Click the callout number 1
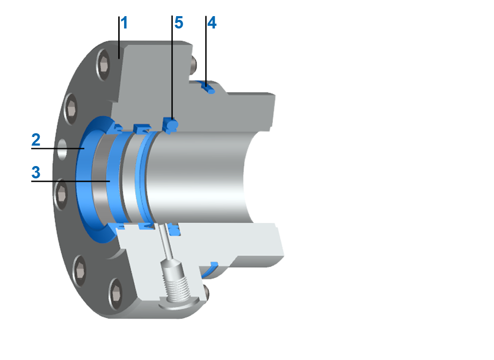pyautogui.click(x=124, y=23)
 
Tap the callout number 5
pyautogui.click(x=178, y=23)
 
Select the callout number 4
pyautogui.click(x=212, y=23)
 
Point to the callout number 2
pyautogui.click(x=35, y=140)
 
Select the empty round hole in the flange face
pyautogui.click(x=62, y=149)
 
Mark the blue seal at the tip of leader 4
pyautogui.click(x=209, y=89)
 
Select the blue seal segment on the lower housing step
pyautogui.click(x=214, y=264)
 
